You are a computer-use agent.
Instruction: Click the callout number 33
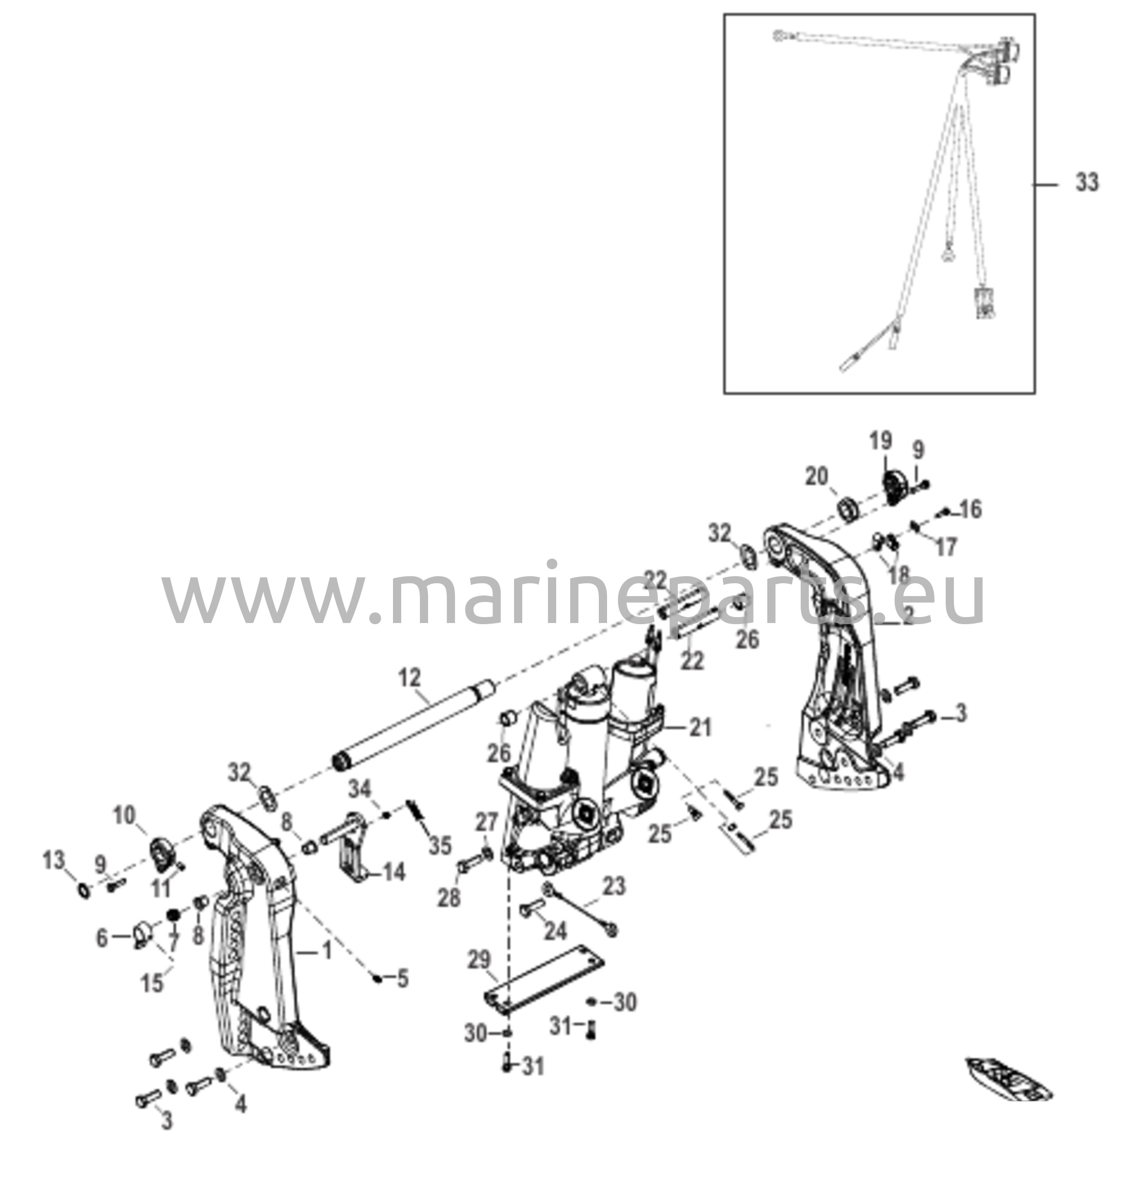1087,182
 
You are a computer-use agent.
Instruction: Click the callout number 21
700,727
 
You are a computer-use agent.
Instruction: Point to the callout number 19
881,440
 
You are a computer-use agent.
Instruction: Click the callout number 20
817,477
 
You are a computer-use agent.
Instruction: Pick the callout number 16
971,510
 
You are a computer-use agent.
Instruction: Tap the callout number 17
946,548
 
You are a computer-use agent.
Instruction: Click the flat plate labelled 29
544,980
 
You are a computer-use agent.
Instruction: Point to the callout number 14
394,873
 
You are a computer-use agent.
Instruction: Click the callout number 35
440,846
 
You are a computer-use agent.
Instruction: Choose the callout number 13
54,860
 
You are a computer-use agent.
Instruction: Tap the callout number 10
125,816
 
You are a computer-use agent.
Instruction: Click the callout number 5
402,979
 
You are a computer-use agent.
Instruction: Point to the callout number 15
153,983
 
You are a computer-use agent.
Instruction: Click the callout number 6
102,938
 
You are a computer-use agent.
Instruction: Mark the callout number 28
450,898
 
